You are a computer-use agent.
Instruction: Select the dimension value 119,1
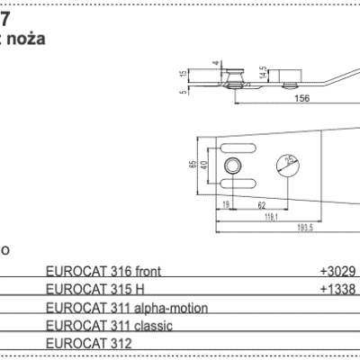pos(269,216)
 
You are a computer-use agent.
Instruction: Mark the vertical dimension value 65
pos(192,165)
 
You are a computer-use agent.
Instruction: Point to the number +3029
pos(337,270)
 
